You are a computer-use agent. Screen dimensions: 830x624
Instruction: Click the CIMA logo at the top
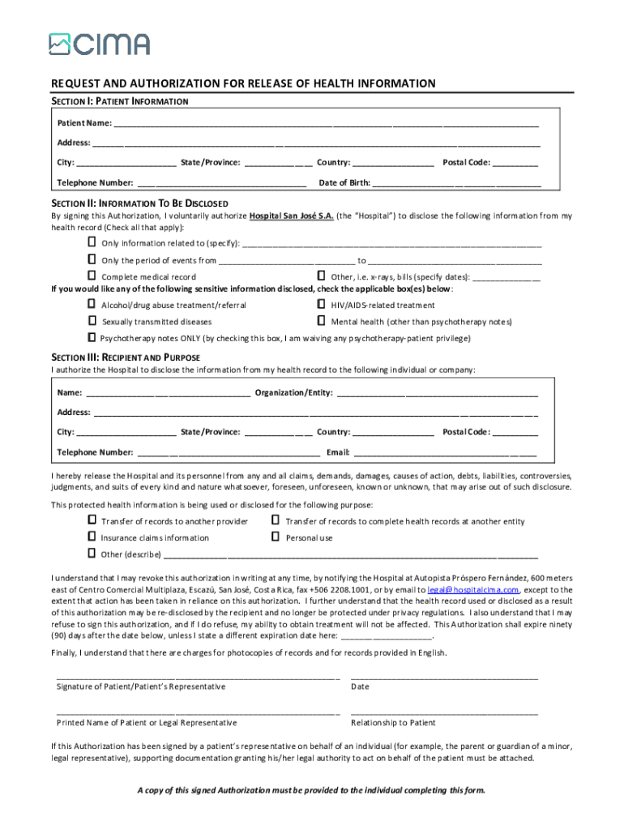pos(99,44)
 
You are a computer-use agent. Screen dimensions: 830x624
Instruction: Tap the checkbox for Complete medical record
pos(92,276)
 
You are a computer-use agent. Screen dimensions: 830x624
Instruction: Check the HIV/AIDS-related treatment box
pos(322,305)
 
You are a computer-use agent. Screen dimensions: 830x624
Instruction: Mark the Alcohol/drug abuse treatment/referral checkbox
pos(92,305)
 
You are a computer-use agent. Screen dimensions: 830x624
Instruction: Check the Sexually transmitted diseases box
pos(92,321)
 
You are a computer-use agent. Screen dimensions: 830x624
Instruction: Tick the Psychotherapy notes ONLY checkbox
pos(92,337)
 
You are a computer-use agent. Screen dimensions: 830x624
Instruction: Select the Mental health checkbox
pos(322,321)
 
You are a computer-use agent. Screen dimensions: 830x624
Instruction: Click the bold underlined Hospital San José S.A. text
pos(290,216)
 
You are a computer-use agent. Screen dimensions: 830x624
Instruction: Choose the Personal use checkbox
pos(276,537)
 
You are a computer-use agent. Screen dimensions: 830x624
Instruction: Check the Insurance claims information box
pos(92,537)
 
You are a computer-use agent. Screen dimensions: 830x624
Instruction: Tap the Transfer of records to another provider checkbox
pos(92,520)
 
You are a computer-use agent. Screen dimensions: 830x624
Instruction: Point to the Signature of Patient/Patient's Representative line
pos(197,676)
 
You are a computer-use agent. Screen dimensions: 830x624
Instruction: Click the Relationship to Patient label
pos(393,722)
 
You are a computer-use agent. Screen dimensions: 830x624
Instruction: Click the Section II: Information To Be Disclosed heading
pos(139,203)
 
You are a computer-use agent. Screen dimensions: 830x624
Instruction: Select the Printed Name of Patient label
pos(147,722)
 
